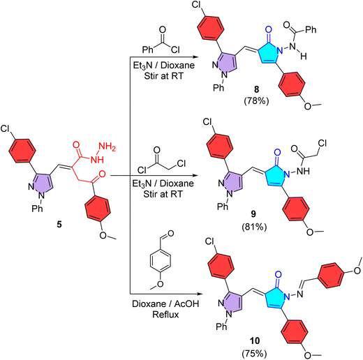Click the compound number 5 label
coord(59,225)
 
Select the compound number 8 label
coord(256,89)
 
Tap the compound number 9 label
coord(253,214)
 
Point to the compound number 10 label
coord(255,341)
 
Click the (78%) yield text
coord(256,100)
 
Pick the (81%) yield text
coord(254,227)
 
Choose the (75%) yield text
coord(254,354)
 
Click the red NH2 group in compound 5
coord(107,147)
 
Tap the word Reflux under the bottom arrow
coord(165,315)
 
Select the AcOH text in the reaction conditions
coord(186,303)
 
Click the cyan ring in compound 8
coord(269,53)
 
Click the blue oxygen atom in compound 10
coord(279,275)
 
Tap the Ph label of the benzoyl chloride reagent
coord(148,50)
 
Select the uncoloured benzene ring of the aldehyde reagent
coord(161,260)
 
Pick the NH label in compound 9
coord(304,172)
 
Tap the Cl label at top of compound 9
coord(207,121)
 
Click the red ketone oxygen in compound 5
coord(102,174)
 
